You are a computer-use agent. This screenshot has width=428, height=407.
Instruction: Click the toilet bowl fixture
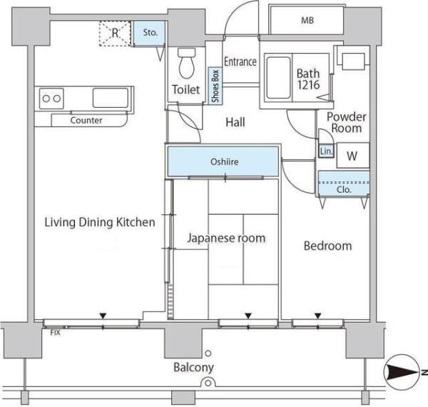[187, 64]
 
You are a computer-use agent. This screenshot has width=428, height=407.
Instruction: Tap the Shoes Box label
[215, 86]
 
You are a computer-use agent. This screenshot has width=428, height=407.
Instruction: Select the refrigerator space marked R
[115, 34]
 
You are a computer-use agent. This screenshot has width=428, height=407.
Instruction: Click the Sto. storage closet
[150, 33]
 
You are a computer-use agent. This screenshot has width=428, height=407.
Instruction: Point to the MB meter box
[307, 20]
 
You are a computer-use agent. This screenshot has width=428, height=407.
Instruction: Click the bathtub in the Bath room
[278, 78]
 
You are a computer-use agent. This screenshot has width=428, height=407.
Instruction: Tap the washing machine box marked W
[353, 156]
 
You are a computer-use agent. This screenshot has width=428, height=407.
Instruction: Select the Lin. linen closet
[326, 151]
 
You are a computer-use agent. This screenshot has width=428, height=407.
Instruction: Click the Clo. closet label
[344, 189]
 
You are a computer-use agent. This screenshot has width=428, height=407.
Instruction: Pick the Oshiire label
[225, 161]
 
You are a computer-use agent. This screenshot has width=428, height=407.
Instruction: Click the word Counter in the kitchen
[86, 120]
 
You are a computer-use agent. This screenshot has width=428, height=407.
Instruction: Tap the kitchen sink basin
[111, 98]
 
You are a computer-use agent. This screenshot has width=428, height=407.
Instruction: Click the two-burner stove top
[51, 99]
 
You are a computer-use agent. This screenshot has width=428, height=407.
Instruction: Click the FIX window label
[56, 333]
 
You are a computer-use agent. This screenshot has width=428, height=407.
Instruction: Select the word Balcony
[193, 368]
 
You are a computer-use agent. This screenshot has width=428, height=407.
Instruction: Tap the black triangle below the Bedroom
[317, 316]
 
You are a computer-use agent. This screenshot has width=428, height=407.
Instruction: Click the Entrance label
[240, 61]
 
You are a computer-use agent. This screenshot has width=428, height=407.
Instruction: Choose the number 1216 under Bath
[308, 85]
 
